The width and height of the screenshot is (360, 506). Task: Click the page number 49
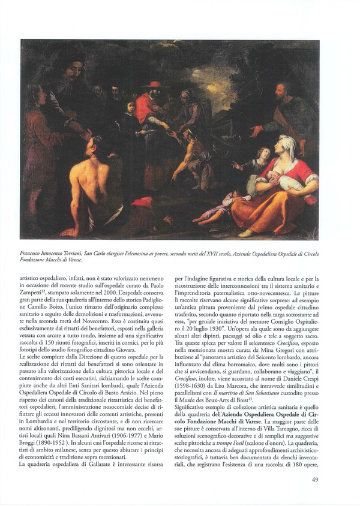[315, 480]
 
